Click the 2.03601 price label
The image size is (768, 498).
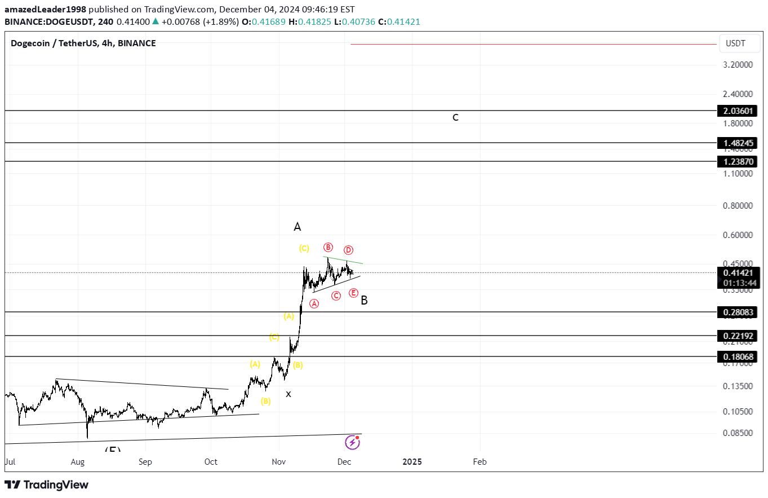[x=738, y=111]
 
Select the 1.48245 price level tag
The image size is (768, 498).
[x=738, y=143]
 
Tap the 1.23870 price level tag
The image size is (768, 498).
[x=738, y=162]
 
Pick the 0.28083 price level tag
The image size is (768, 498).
[x=738, y=312]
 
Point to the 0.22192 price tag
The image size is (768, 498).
[x=738, y=336]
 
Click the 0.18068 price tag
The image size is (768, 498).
[x=738, y=357]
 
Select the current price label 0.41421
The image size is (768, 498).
[x=738, y=273]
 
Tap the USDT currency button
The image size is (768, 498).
[x=735, y=43]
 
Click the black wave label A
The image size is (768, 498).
[x=298, y=227]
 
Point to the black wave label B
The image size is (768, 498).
[x=364, y=301]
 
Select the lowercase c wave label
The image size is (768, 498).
[x=455, y=117]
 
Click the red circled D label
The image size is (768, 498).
[x=348, y=250]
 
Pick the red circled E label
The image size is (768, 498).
[x=353, y=293]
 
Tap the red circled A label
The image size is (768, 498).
[x=314, y=303]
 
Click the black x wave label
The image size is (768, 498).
[x=288, y=394]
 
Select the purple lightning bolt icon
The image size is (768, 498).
[x=352, y=442]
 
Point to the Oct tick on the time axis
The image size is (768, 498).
[x=211, y=461]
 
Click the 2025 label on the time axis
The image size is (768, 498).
[x=412, y=461]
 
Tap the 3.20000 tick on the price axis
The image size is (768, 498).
[x=737, y=64]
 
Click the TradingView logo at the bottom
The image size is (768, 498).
[x=47, y=484]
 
